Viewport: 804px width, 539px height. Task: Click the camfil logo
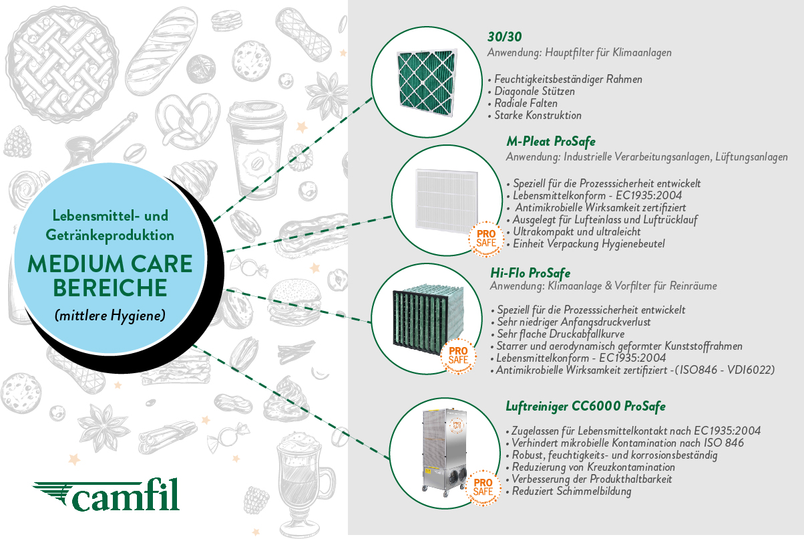[106, 495]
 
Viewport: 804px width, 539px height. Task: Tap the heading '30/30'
[504, 37]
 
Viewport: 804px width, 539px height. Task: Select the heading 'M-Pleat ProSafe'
[551, 142]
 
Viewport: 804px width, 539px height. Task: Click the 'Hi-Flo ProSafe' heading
[530, 273]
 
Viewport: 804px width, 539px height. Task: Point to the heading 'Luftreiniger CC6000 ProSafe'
[586, 407]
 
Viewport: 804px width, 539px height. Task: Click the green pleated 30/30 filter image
[427, 82]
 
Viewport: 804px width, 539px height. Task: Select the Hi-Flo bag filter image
[429, 318]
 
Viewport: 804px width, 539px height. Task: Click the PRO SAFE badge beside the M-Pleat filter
[486, 239]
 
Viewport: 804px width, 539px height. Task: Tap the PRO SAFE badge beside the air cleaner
[483, 488]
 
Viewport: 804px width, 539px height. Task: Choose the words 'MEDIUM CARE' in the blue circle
[110, 264]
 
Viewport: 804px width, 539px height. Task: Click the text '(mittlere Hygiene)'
[110, 316]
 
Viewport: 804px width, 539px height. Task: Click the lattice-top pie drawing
[62, 64]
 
